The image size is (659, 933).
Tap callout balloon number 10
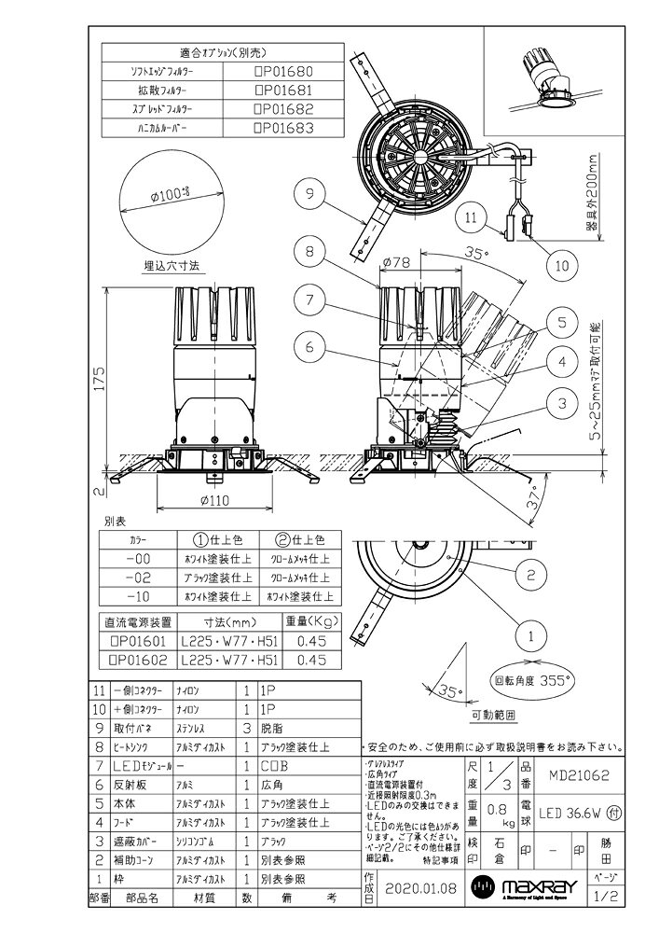(561, 265)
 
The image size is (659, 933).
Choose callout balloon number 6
(309, 347)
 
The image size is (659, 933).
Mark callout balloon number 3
(561, 403)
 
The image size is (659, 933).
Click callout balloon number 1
(529, 639)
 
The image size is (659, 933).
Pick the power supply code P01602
(142, 660)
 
